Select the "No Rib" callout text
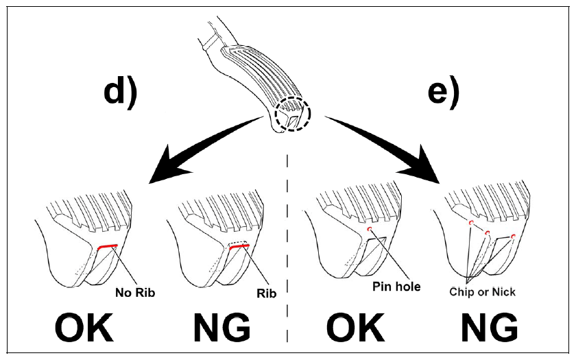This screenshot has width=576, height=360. coord(135,292)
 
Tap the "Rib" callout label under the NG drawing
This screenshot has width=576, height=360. coord(266,293)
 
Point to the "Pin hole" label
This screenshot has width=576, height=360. coord(396,286)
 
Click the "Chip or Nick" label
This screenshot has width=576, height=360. coord(482,292)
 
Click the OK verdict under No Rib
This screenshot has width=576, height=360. coord(84,327)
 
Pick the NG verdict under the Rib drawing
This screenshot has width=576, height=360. coord(222,327)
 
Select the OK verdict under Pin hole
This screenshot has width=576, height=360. coord(355,327)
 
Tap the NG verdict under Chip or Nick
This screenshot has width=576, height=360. coord(490,327)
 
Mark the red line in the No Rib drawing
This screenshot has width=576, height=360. coord(106,246)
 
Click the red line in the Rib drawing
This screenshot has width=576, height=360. coord(239,246)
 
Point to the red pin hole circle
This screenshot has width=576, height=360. coord(370,229)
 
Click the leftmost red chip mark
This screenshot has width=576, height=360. coord(471,223)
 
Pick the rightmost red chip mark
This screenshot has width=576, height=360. coord(514,236)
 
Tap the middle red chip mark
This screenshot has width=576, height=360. coord(488,232)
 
